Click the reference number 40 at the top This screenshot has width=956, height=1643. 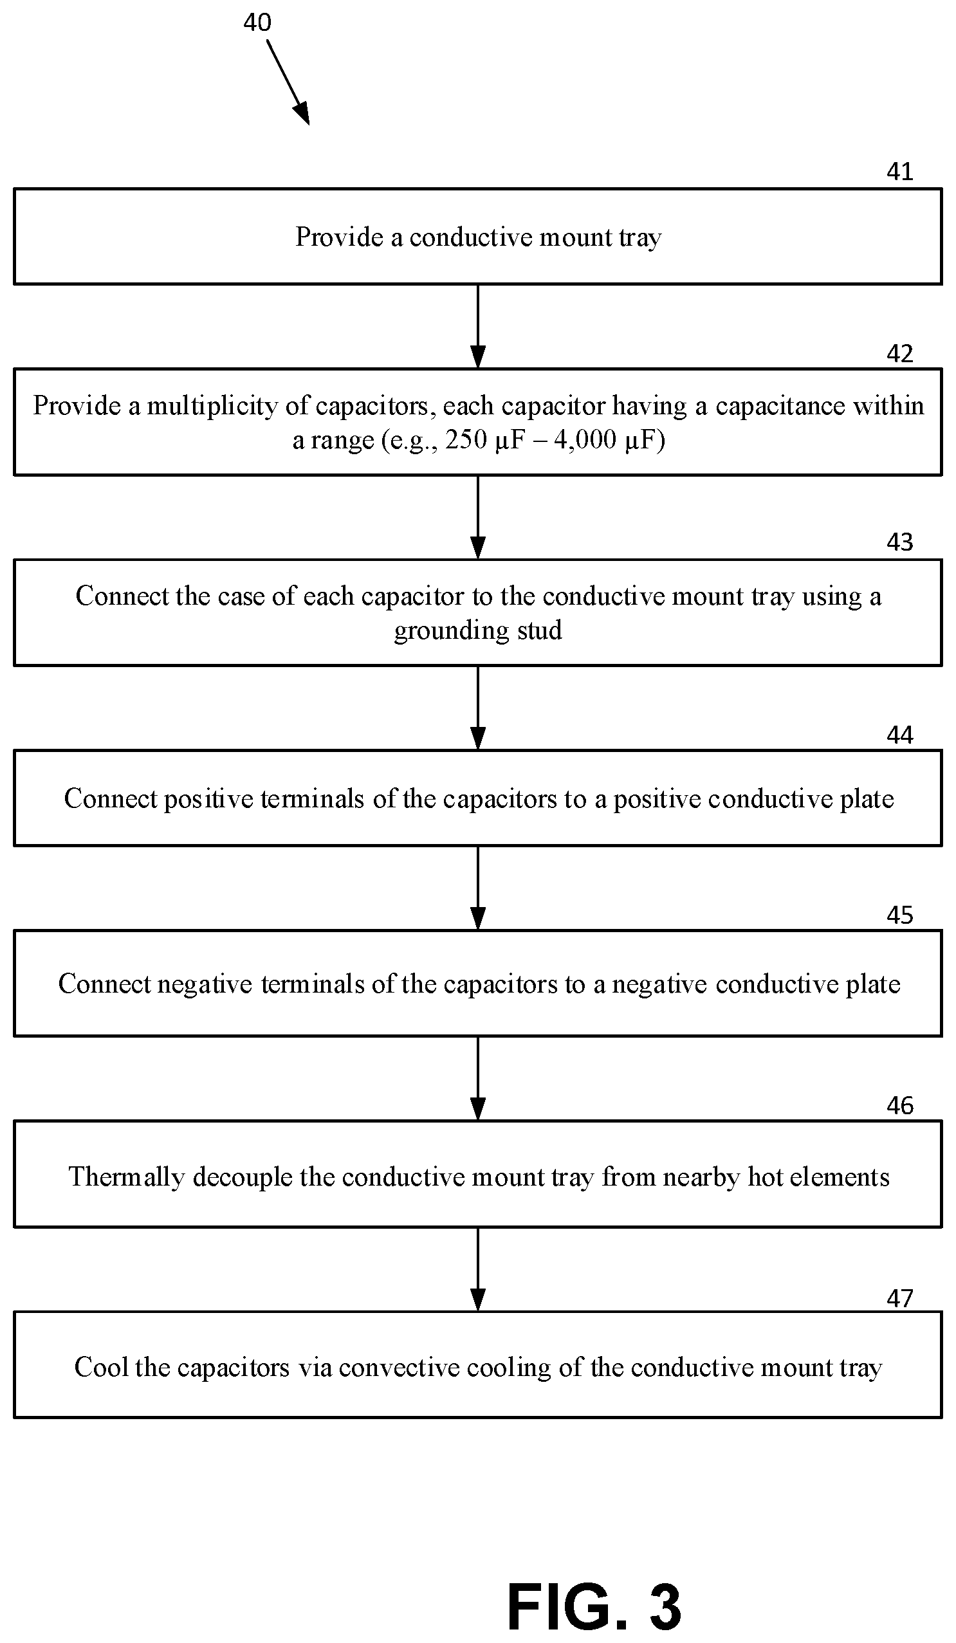point(257,23)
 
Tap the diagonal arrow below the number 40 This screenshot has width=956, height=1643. point(288,82)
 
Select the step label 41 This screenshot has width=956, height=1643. point(900,172)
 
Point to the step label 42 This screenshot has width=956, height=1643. point(900,353)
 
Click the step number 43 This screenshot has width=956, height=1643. point(900,542)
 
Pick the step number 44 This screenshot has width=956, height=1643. point(900,735)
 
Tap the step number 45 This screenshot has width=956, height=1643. point(900,915)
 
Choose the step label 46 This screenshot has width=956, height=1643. point(900,1105)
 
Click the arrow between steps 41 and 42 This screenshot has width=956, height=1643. point(478,327)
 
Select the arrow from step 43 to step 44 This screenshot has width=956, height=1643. point(478,708)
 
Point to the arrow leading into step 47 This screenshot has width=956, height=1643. point(478,1269)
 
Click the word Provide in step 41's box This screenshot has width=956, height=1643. point(339,237)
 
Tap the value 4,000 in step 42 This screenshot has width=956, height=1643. point(585,440)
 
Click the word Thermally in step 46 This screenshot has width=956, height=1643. point(127,1177)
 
